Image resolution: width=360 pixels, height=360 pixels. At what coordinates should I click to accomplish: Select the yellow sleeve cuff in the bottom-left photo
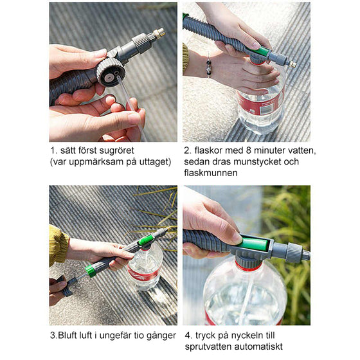[58, 246]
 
